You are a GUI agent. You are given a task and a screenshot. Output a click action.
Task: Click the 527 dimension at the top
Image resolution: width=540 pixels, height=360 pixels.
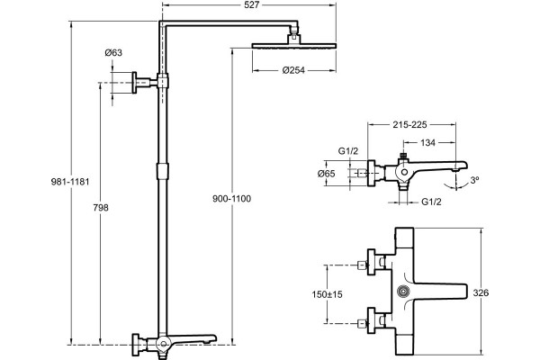253,4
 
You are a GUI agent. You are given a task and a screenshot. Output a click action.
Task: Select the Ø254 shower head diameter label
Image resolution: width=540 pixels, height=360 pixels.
293,70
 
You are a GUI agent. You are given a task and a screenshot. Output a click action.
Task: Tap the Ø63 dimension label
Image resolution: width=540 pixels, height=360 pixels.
113,53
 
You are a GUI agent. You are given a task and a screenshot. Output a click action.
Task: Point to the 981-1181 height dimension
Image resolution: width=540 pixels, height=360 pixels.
70,182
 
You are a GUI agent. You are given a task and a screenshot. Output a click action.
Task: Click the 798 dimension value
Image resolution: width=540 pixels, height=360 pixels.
101,207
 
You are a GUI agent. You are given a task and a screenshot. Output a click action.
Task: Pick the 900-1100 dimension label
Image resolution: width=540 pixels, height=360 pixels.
232,198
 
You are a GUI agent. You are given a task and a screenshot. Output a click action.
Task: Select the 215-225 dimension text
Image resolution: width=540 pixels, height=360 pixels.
409,124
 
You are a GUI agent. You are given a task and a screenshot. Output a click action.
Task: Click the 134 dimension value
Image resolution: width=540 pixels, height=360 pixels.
428,142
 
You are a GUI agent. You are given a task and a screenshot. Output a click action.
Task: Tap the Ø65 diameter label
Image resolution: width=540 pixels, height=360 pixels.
326,174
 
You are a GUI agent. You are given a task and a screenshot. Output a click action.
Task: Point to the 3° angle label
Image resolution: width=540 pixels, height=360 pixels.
475,180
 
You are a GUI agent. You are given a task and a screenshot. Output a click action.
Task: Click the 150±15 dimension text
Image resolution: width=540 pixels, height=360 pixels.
328,294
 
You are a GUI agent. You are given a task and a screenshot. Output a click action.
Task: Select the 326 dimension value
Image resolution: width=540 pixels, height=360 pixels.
481,292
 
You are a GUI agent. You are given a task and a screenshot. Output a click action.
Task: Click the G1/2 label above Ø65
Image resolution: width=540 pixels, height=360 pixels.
348,151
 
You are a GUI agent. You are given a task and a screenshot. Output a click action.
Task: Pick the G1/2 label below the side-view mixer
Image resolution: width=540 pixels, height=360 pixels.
431,202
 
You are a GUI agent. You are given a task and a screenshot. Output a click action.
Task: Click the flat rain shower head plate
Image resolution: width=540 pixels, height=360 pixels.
294,46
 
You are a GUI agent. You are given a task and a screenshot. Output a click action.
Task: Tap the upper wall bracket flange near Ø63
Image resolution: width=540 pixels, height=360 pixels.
134,83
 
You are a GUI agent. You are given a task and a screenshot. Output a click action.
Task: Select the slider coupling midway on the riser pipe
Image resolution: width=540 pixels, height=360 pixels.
163,172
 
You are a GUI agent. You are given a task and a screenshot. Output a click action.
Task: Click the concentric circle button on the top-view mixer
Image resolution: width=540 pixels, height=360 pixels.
403,292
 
